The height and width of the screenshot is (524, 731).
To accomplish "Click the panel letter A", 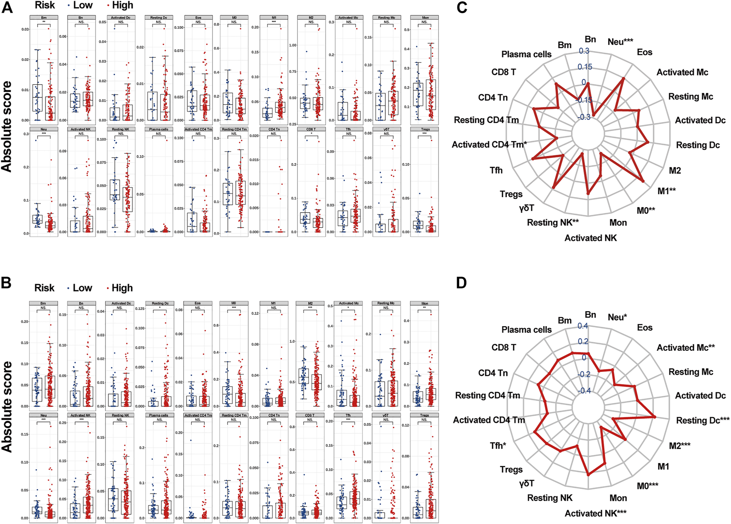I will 7,7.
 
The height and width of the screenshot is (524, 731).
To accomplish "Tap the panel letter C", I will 462,7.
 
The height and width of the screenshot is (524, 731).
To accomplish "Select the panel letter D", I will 461,283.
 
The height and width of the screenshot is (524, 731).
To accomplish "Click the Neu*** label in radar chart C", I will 620,42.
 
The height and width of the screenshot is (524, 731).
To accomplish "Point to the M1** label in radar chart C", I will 666,191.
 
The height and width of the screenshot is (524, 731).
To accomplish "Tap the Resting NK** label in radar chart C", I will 553,223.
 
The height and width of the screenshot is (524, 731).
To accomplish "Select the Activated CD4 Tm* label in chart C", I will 489,145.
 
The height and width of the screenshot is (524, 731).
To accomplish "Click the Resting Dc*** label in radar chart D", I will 703,421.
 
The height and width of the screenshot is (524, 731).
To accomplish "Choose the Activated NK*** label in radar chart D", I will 595,513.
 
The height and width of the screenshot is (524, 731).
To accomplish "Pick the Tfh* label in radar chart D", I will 498,446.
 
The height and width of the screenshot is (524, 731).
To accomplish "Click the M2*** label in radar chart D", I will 679,446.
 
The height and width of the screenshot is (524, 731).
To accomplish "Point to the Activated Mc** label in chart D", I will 686,348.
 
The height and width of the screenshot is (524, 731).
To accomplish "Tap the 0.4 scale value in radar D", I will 582,326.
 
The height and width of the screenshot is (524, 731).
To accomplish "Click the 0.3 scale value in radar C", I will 584,51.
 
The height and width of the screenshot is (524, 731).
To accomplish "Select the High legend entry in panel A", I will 122,5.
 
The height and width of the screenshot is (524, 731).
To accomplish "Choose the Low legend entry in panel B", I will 82,288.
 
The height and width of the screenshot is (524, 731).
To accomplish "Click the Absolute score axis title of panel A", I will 7,126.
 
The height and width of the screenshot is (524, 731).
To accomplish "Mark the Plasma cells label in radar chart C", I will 526,54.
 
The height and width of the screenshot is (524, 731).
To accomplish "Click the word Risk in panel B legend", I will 45,288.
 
